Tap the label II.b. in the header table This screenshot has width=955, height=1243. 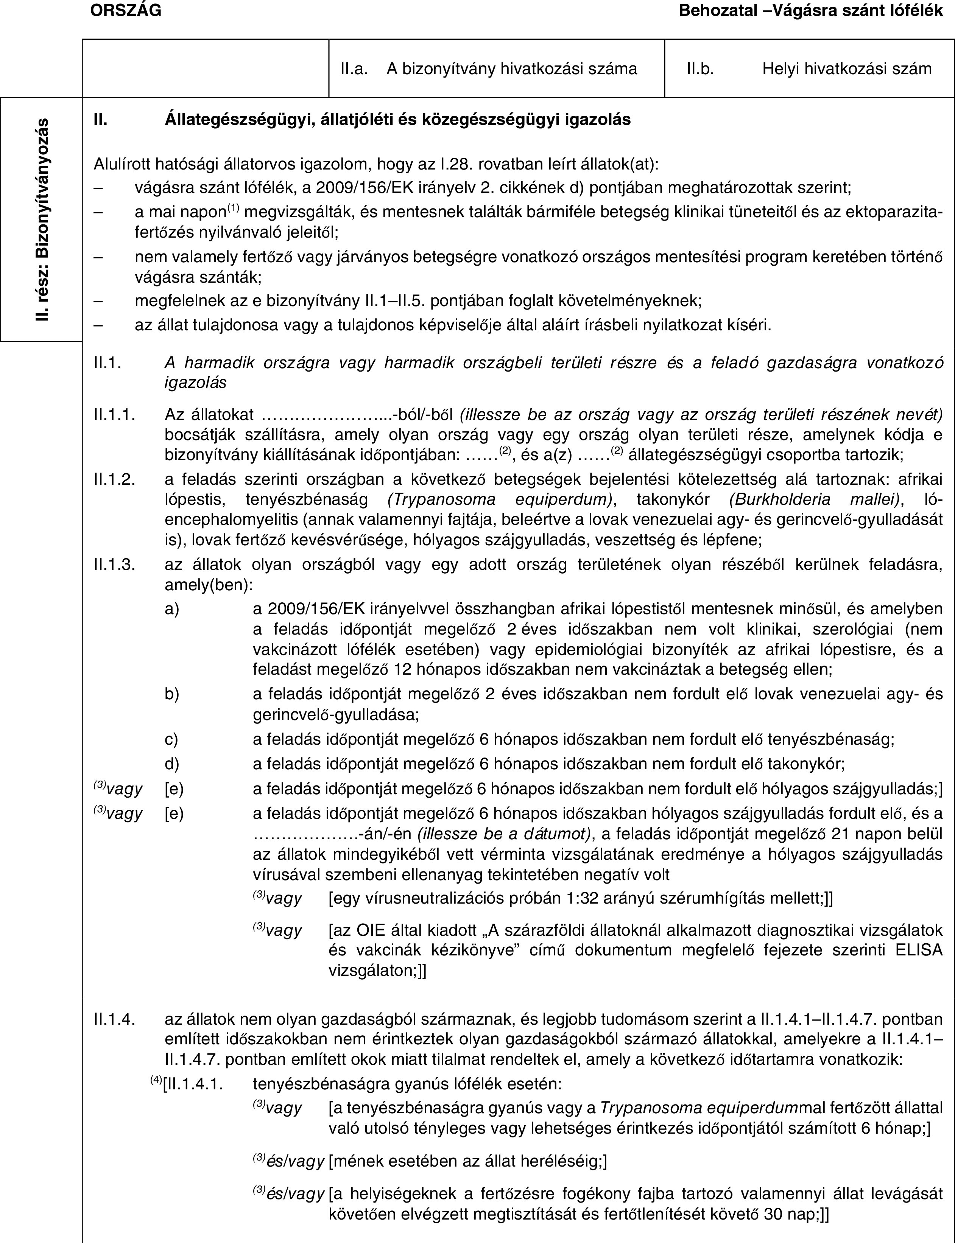coord(700,69)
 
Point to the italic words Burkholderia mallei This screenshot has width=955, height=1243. coord(813,500)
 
